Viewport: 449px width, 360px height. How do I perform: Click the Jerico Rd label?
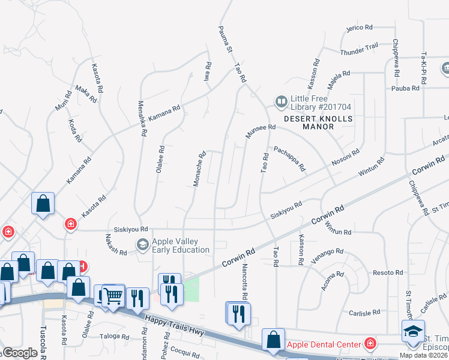tap(360, 28)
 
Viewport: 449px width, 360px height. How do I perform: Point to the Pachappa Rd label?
tap(289, 158)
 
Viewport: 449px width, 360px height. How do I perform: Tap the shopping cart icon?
tap(112, 296)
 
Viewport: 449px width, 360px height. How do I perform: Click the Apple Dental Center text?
tap(324, 344)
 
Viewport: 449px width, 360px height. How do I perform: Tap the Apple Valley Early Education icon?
tap(142, 244)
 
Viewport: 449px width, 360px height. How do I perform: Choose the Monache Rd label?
tap(199, 169)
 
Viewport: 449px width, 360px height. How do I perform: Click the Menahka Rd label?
tap(143, 119)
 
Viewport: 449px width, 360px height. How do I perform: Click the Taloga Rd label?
tap(115, 337)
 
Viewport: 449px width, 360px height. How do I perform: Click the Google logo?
tap(19, 353)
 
